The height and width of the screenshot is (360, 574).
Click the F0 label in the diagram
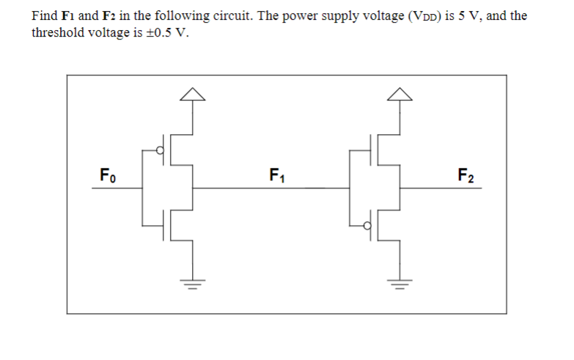point(108,176)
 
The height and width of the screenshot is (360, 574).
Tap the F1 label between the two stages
point(278,176)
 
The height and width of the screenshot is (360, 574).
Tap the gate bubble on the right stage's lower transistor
point(371,226)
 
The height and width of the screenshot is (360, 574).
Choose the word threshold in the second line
point(58,33)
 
